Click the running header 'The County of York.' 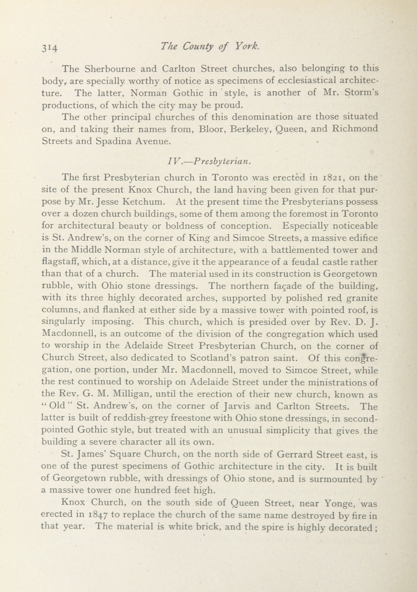click(209, 46)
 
